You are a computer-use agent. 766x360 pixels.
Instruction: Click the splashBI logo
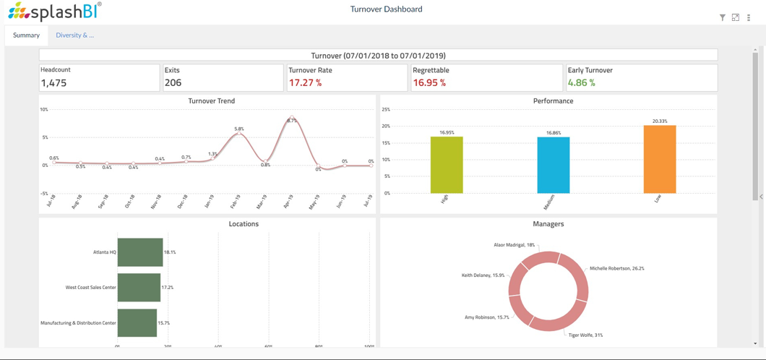click(x=54, y=11)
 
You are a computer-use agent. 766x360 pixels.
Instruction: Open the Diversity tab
click(x=74, y=35)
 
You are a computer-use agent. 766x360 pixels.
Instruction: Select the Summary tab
click(x=26, y=35)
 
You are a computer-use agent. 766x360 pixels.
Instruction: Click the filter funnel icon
click(x=722, y=17)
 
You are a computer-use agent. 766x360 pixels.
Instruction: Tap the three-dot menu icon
click(x=749, y=17)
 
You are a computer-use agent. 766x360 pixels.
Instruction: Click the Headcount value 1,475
click(x=54, y=83)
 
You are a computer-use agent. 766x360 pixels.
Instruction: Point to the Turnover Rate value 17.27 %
click(x=305, y=83)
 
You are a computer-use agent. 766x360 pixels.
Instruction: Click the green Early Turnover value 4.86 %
click(x=581, y=83)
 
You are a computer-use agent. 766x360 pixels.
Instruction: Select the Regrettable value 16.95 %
click(x=429, y=83)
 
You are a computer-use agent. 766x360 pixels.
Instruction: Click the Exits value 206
click(x=173, y=83)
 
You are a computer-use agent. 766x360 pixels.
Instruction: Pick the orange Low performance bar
click(x=660, y=160)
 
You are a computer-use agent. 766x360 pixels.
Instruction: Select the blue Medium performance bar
click(x=553, y=165)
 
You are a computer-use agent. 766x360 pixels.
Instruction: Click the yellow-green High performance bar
click(x=447, y=165)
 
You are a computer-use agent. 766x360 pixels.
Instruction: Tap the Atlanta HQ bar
click(x=140, y=252)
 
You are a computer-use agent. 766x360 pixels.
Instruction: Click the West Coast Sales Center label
click(x=90, y=288)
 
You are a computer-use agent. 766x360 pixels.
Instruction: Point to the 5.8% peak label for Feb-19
click(x=239, y=129)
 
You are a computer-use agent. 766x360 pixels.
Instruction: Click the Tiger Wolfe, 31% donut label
click(x=585, y=335)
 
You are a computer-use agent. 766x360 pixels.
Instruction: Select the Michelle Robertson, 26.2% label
click(x=616, y=268)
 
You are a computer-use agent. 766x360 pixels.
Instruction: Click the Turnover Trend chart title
click(x=211, y=101)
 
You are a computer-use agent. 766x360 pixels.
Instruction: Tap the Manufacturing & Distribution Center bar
click(x=137, y=323)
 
